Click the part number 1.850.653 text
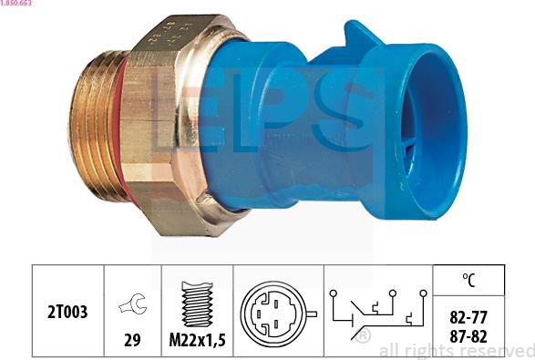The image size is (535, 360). (x=18, y=5)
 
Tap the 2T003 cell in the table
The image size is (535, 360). (x=68, y=312)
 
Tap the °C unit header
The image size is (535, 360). (x=470, y=280)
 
